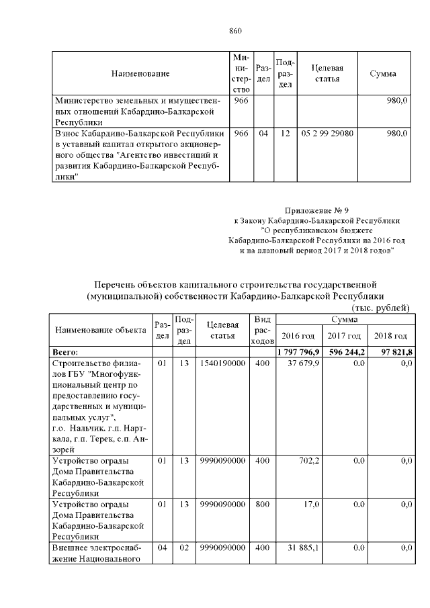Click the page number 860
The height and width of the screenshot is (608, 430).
point(235,31)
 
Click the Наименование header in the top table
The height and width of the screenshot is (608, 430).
point(140,73)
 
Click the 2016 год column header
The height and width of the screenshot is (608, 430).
point(298,335)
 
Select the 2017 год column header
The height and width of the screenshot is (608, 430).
point(345,335)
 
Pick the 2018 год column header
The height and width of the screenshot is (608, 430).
point(391,335)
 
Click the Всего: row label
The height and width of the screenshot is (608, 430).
point(66,352)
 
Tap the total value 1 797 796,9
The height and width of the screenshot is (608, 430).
point(299,352)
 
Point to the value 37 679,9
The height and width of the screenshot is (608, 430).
point(304,363)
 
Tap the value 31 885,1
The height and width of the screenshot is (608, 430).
point(304,548)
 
